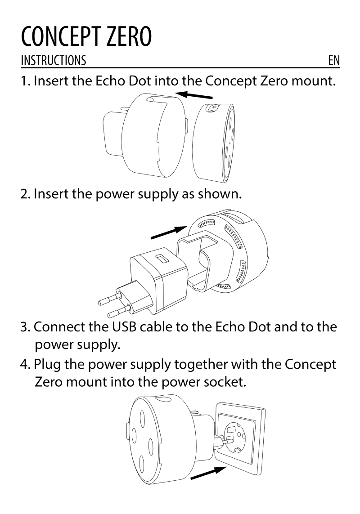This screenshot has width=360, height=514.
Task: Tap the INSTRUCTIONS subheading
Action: [x=54, y=61]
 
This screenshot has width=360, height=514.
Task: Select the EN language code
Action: [x=334, y=61]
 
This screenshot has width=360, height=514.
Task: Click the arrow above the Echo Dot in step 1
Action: [x=193, y=95]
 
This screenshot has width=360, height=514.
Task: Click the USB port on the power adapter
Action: [x=161, y=259]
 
